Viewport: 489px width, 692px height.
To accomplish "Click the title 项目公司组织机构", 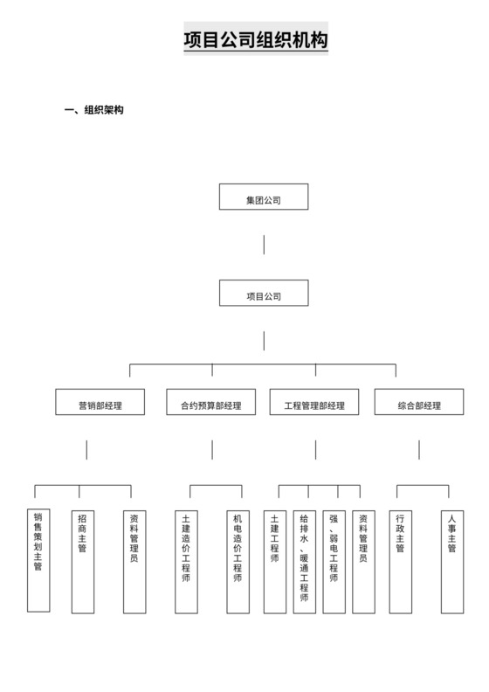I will (x=256, y=41).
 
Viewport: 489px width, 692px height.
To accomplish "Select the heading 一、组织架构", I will (x=94, y=110).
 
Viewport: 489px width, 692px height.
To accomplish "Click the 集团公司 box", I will (x=264, y=198).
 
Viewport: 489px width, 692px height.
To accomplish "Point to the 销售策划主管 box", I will (x=38, y=559).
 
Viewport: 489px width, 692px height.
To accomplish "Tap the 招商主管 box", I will (x=82, y=559).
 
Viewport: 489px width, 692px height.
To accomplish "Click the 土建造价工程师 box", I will (x=186, y=559).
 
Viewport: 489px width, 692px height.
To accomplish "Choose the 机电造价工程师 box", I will (x=238, y=559).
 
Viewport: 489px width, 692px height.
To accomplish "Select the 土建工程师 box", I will (x=275, y=559).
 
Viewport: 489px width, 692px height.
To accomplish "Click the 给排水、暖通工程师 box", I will (x=305, y=559).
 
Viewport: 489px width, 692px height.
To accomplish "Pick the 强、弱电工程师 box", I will (x=334, y=559).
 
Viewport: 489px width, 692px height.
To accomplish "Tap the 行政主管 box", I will (x=400, y=559).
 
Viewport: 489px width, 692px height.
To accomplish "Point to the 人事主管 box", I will (x=451, y=559).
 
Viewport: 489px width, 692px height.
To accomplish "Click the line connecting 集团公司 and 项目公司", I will (x=264, y=244).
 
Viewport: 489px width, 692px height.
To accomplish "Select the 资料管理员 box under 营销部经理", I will (x=134, y=559).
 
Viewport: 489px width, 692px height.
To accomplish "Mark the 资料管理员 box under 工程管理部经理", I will (x=364, y=559).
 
